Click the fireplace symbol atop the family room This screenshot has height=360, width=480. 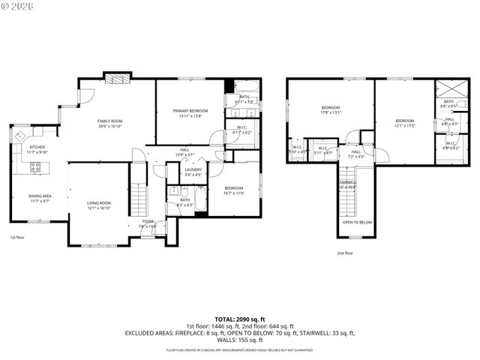click(x=116, y=78)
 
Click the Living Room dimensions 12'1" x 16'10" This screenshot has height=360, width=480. click(x=100, y=208)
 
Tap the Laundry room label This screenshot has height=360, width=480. click(x=193, y=172)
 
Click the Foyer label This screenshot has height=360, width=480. click(x=148, y=222)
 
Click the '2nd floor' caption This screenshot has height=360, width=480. click(x=344, y=253)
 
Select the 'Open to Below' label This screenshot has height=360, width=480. click(x=357, y=223)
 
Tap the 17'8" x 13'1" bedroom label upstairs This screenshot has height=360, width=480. click(x=331, y=109)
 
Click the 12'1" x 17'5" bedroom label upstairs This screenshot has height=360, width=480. click(x=405, y=123)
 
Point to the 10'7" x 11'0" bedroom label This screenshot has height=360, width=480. click(x=233, y=190)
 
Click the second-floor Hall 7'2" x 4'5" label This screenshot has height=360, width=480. click(x=356, y=154)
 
